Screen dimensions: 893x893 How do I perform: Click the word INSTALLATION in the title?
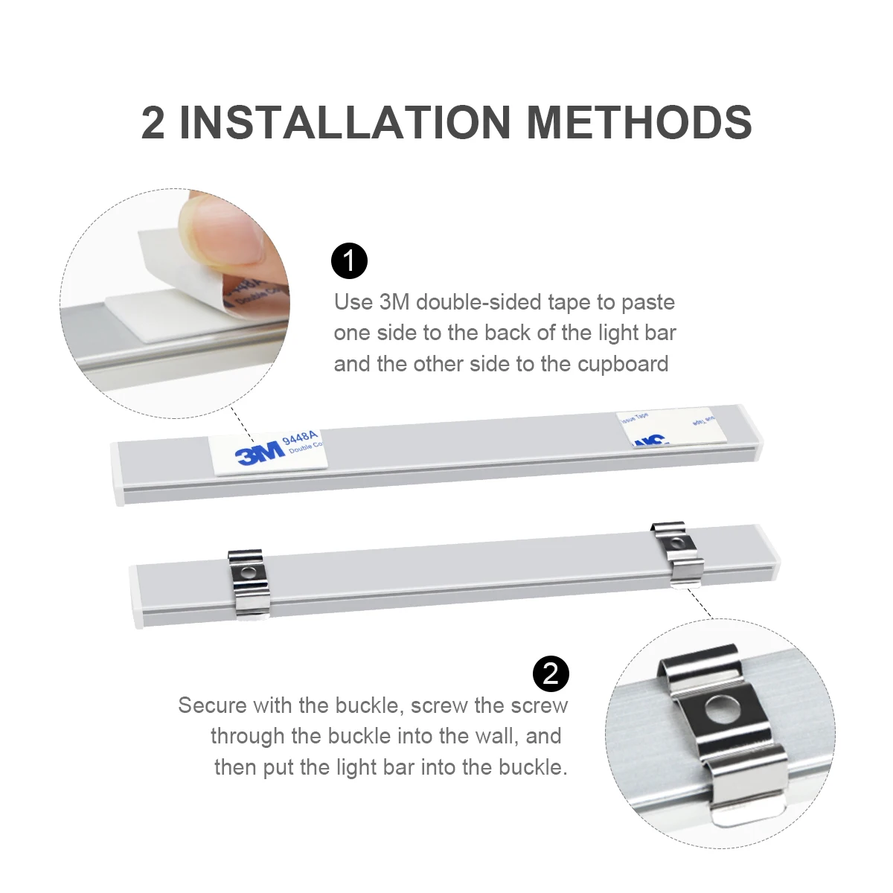(x=345, y=122)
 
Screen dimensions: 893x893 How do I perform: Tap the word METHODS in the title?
(x=639, y=122)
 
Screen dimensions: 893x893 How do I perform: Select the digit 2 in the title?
(x=153, y=123)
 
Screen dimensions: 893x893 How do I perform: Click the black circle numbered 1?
(x=349, y=260)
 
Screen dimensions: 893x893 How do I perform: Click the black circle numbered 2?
(x=551, y=673)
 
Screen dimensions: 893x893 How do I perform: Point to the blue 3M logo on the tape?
(x=260, y=452)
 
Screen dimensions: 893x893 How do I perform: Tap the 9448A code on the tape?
(x=301, y=438)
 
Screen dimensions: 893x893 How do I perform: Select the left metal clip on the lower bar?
(x=246, y=583)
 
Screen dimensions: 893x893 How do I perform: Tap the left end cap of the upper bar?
(x=118, y=474)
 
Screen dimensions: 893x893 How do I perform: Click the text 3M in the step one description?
(x=394, y=302)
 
